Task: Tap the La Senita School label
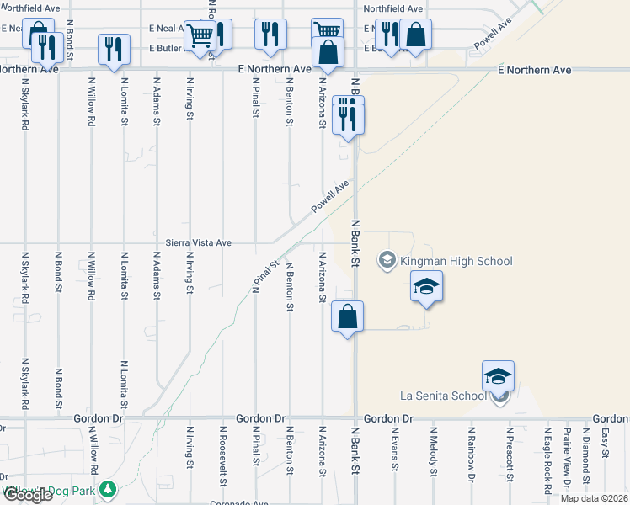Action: [x=441, y=396]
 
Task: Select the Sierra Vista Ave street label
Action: [x=198, y=242]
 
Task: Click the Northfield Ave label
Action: [x=393, y=8]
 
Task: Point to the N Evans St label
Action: [x=393, y=452]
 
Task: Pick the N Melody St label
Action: [x=433, y=452]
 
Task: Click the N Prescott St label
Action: [x=509, y=454]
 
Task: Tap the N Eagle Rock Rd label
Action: [x=547, y=460]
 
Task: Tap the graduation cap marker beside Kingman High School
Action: [x=426, y=287]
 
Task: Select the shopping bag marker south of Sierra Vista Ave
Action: [x=347, y=317]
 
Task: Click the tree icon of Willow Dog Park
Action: [x=107, y=488]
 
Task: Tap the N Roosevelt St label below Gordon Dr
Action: [x=222, y=455]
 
